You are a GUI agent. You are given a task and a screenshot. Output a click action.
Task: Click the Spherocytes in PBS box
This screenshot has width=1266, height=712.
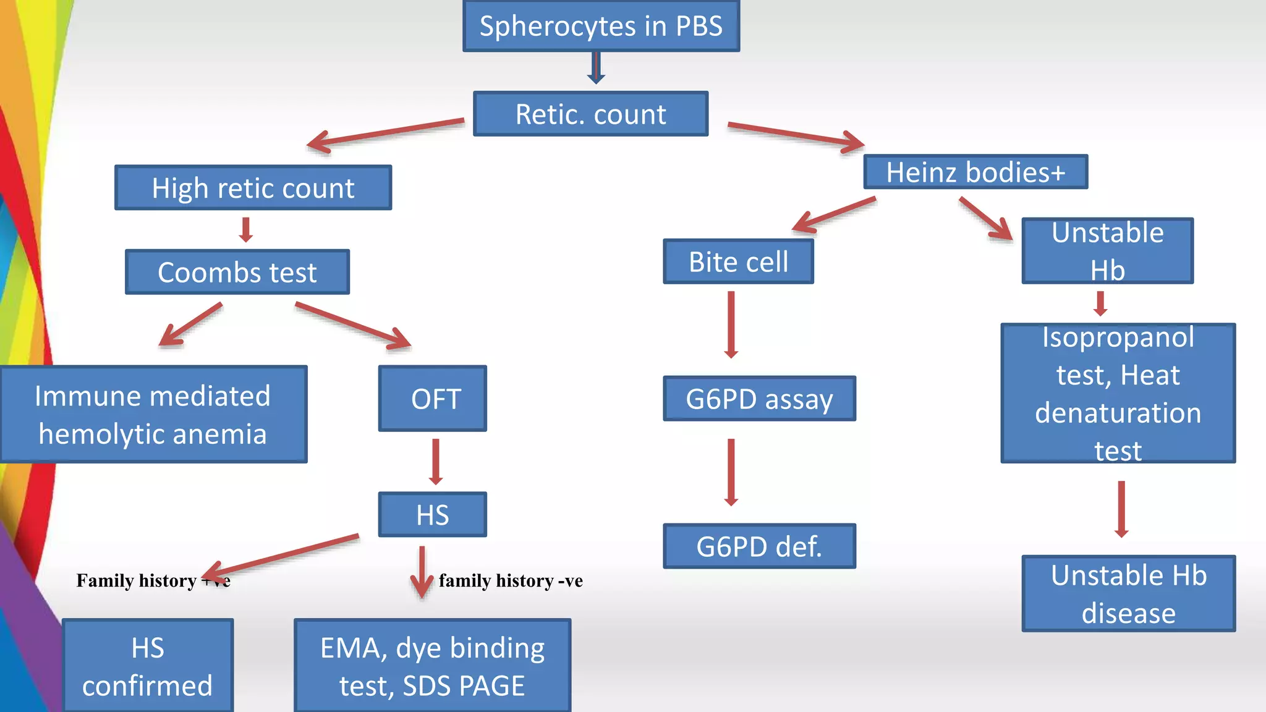tap(601, 26)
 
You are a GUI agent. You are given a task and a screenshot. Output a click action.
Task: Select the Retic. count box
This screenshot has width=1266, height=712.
tap(590, 114)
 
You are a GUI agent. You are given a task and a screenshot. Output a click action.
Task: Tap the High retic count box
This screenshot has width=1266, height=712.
tap(253, 188)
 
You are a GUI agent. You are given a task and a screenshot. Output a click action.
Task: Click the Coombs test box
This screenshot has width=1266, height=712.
tap(237, 273)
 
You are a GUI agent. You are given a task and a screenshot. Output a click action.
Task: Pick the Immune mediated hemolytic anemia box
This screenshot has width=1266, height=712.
tap(153, 415)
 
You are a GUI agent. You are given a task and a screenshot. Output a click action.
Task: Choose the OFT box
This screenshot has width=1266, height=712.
tap(433, 399)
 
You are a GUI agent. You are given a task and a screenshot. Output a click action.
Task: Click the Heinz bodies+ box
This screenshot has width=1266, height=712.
tap(975, 172)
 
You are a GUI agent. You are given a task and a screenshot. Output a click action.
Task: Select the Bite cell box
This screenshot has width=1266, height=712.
tap(738, 262)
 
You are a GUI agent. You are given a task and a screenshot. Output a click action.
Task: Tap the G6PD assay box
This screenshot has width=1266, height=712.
tap(759, 399)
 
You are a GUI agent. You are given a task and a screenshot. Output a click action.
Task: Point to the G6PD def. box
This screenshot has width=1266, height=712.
tap(759, 546)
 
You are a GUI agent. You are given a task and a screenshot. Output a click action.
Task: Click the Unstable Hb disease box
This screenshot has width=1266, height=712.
tap(1128, 594)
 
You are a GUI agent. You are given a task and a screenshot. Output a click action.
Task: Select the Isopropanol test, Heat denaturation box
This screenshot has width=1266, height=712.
tap(1118, 394)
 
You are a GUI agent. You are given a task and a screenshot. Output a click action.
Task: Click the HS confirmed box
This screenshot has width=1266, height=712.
tap(148, 666)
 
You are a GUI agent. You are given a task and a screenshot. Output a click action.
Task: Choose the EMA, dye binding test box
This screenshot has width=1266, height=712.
tap(432, 666)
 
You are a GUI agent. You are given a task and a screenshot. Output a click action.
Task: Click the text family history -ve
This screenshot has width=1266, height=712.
tap(511, 581)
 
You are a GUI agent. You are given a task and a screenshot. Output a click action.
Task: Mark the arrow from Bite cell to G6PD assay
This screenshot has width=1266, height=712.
tap(731, 324)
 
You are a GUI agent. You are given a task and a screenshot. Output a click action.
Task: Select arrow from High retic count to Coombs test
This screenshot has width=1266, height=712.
tap(246, 229)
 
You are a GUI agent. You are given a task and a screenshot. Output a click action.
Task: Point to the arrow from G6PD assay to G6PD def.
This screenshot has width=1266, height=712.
tap(731, 472)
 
